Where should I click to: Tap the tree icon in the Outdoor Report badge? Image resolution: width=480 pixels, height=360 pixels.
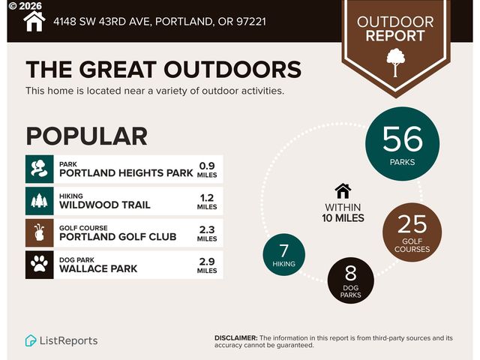pyautogui.click(x=395, y=62)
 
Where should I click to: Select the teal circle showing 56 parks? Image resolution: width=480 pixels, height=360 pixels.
pyautogui.click(x=403, y=143)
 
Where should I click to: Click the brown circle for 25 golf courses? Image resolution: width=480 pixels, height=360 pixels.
pyautogui.click(x=412, y=229)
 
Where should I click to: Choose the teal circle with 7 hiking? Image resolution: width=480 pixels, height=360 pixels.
pyautogui.click(x=284, y=255)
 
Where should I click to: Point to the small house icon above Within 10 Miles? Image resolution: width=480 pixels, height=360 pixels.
pyautogui.click(x=343, y=191)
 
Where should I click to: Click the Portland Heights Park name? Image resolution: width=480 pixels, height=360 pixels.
pyautogui.click(x=126, y=173)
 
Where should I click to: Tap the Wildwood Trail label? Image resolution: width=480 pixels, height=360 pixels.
pyautogui.click(x=105, y=205)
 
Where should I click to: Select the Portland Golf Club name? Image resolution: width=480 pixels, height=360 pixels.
pyautogui.click(x=118, y=237)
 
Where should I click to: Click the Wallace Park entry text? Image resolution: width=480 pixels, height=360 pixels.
pyautogui.click(x=98, y=268)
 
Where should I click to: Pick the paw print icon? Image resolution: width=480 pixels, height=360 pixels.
pyautogui.click(x=39, y=265)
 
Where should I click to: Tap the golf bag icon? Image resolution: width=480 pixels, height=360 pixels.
pyautogui.click(x=39, y=232)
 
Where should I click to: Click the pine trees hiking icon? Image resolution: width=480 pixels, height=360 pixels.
pyautogui.click(x=39, y=201)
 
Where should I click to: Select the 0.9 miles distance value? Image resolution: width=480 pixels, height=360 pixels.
pyautogui.click(x=207, y=169)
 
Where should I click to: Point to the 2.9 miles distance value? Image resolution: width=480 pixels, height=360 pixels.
pyautogui.click(x=207, y=265)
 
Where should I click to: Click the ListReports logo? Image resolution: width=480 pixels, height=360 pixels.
pyautogui.click(x=61, y=340)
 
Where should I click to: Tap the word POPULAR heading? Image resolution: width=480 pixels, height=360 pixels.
pyautogui.click(x=86, y=136)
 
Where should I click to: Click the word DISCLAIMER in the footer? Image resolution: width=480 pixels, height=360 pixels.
pyautogui.click(x=236, y=338)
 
